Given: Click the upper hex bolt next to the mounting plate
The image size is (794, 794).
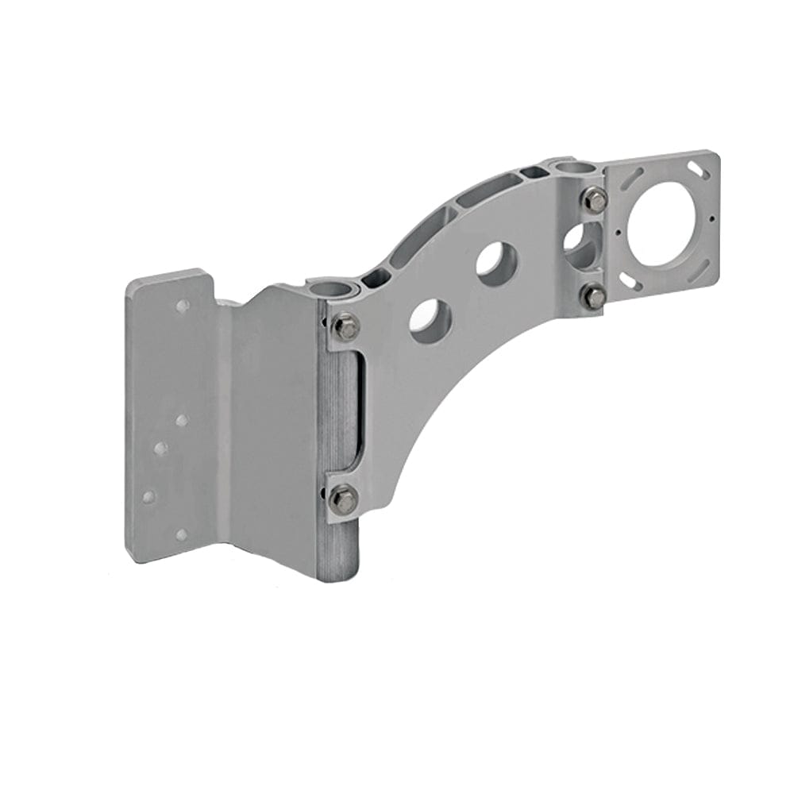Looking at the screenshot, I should (345, 326).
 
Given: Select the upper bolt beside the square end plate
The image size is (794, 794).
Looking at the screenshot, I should (595, 199).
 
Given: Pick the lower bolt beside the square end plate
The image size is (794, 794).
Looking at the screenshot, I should (593, 297).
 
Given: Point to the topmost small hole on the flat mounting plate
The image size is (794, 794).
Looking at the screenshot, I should (183, 305).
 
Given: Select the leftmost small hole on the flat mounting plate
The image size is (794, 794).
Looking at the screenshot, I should (148, 497).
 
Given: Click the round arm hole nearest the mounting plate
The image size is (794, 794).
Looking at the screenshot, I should (430, 322).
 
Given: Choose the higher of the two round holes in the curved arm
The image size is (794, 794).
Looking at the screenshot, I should (497, 263).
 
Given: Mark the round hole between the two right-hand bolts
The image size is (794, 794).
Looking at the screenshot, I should (584, 245).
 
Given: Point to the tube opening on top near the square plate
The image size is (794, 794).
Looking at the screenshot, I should (570, 168).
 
